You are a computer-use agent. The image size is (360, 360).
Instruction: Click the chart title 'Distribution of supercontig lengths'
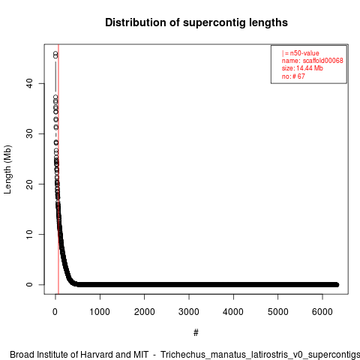(196, 22)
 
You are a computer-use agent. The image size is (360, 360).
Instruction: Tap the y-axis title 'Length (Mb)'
(7, 169)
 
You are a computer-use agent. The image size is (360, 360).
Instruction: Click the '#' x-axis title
(196, 333)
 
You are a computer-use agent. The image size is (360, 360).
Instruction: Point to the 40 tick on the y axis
(29, 83)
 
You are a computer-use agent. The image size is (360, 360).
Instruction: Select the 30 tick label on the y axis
(29, 133)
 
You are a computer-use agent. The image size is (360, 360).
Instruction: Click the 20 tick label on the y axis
(29, 184)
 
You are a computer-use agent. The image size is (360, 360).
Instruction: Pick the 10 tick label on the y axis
(29, 234)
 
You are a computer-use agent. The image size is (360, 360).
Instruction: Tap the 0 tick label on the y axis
(29, 284)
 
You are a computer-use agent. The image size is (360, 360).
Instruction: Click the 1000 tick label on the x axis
(100, 312)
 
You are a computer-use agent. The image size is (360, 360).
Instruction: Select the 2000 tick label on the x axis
(144, 312)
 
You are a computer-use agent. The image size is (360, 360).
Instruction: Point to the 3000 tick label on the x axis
(189, 312)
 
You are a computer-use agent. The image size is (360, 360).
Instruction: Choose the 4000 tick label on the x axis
(233, 312)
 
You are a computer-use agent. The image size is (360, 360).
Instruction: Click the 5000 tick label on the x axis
(277, 312)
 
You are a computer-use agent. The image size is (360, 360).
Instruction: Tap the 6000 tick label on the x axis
(322, 312)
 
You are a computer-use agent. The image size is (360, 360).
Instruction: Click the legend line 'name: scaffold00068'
(313, 61)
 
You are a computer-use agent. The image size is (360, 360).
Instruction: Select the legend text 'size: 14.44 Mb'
(302, 68)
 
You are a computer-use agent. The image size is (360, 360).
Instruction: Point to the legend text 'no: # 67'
(293, 76)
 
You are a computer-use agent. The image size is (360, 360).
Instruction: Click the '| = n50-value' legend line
(301, 53)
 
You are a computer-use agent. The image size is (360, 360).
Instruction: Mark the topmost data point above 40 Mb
(55, 53)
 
